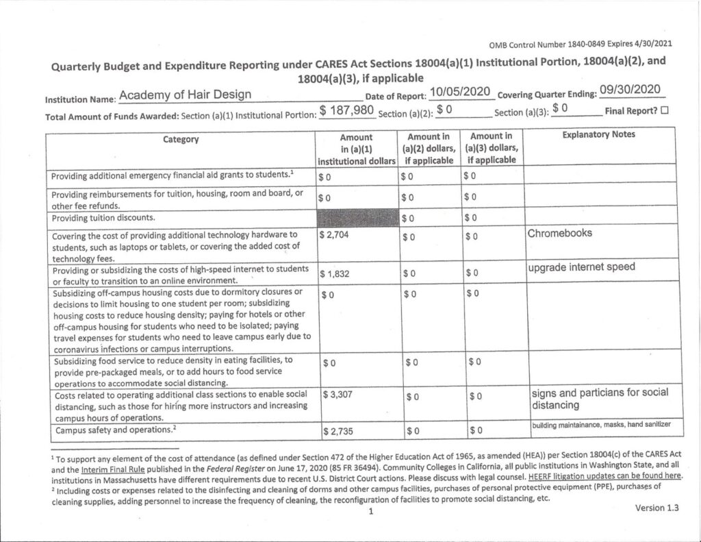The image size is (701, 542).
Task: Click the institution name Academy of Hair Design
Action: (185, 95)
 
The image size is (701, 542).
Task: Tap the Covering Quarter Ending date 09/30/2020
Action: (628, 90)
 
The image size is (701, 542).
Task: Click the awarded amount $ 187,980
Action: (346, 110)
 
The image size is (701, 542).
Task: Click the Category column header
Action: (181, 139)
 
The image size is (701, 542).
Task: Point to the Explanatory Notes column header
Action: (598, 135)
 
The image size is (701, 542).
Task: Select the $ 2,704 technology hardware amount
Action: (336, 234)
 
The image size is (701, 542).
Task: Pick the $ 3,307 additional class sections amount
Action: (337, 395)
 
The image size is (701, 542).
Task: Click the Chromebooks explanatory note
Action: (559, 233)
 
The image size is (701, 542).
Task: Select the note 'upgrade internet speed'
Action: (581, 267)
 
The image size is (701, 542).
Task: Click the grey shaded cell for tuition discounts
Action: (357, 217)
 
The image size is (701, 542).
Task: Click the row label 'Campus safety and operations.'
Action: (114, 431)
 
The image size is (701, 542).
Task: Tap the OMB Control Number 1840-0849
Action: (581, 45)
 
